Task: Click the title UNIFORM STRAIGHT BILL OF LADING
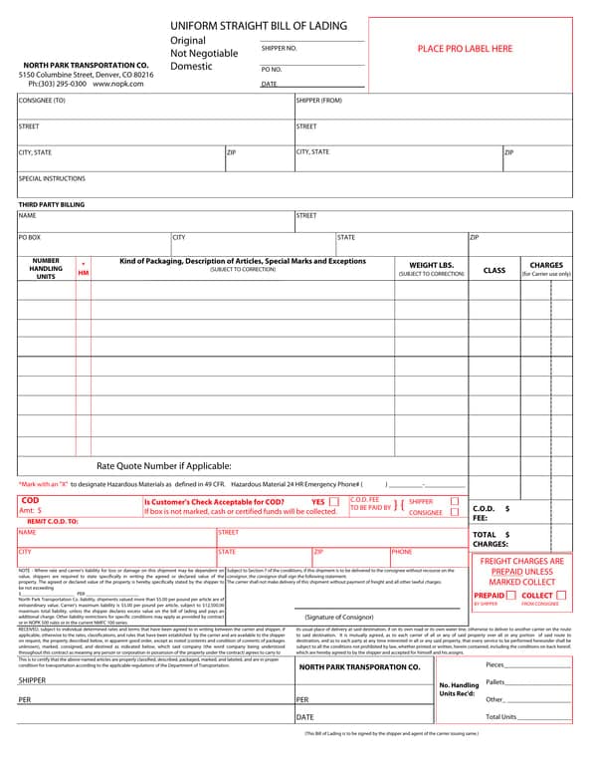259,25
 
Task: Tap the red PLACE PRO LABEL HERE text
465,48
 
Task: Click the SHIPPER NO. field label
279,48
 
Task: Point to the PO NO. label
272,69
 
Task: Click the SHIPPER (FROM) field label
318,101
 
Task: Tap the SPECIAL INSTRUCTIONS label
52,179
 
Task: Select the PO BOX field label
30,238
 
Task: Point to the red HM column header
83,272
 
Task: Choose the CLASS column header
493,270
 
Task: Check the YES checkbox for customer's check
333,501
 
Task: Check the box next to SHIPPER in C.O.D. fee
454,501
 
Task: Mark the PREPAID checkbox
510,595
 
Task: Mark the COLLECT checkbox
561,595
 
